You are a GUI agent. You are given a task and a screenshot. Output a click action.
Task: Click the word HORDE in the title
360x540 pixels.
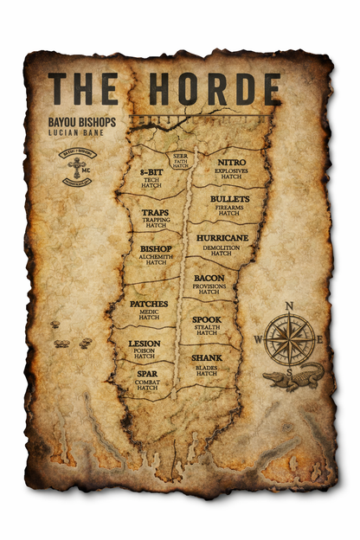(x=215, y=88)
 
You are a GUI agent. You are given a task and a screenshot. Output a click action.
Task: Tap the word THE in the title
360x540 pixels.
(x=83, y=88)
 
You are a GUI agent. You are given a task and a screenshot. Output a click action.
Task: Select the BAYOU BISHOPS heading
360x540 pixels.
(x=83, y=124)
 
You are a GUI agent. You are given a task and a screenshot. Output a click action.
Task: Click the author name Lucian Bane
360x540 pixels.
(x=76, y=136)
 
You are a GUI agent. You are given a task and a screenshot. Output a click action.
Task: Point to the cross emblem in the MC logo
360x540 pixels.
(x=77, y=167)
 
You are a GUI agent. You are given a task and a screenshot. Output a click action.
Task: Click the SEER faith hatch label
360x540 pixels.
(x=180, y=158)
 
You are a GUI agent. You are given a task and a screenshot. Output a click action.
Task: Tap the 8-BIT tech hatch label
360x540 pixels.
(x=151, y=177)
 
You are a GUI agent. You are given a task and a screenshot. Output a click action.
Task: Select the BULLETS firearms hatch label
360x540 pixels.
(x=229, y=204)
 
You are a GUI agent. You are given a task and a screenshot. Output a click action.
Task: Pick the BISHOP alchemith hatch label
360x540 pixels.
(x=156, y=254)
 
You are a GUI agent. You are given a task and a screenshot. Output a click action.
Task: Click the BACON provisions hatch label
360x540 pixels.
(x=209, y=283)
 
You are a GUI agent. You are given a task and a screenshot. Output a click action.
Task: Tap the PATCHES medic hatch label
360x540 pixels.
(x=149, y=310)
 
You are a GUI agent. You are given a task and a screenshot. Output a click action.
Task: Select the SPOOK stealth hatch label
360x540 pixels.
(x=206, y=325)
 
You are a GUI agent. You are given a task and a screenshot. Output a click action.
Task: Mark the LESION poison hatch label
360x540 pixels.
(x=145, y=349)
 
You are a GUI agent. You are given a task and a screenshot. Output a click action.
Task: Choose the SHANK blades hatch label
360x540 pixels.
(x=206, y=363)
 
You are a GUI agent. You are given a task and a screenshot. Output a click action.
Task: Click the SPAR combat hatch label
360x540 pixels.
(x=147, y=380)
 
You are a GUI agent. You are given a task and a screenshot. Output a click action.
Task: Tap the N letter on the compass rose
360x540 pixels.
(x=289, y=305)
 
